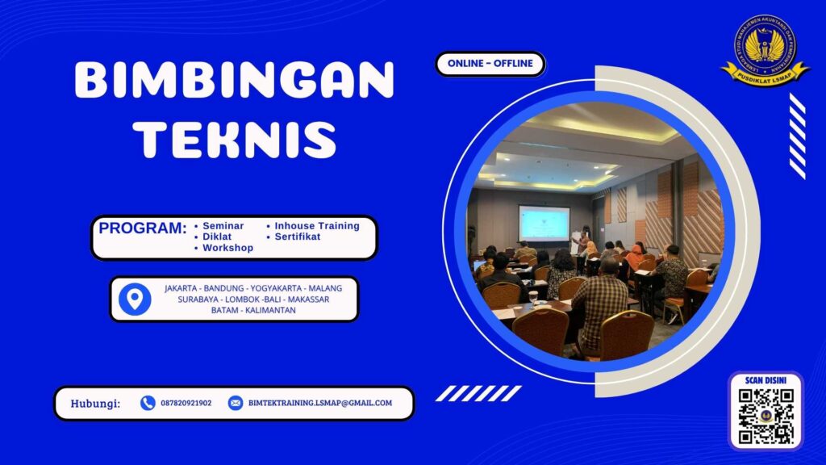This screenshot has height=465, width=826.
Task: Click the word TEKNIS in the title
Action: (x=234, y=140)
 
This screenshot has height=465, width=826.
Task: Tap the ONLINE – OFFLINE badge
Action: (x=490, y=64)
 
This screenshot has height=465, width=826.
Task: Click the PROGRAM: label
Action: (x=143, y=228)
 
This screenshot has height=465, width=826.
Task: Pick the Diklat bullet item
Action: (x=217, y=237)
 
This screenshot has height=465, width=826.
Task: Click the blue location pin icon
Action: (x=135, y=299)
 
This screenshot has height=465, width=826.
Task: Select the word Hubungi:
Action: (x=95, y=403)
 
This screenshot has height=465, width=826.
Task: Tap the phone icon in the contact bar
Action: (x=148, y=403)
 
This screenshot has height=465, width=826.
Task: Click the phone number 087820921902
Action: (x=186, y=403)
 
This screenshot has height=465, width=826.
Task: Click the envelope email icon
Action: (x=236, y=403)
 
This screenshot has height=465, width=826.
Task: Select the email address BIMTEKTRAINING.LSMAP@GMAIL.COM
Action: (x=320, y=403)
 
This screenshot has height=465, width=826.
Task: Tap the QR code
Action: (x=766, y=417)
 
